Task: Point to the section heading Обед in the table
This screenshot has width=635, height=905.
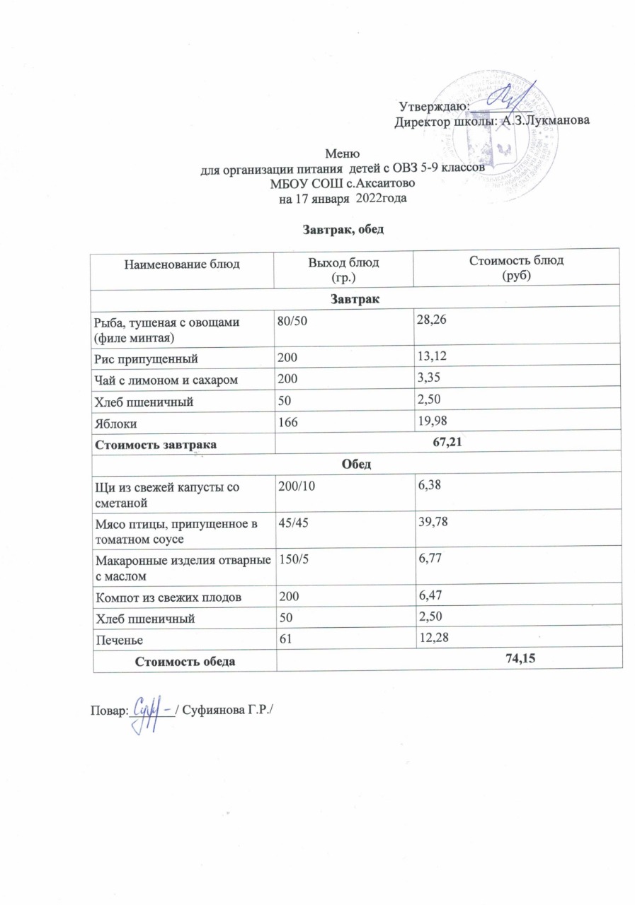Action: pyautogui.click(x=357, y=465)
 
